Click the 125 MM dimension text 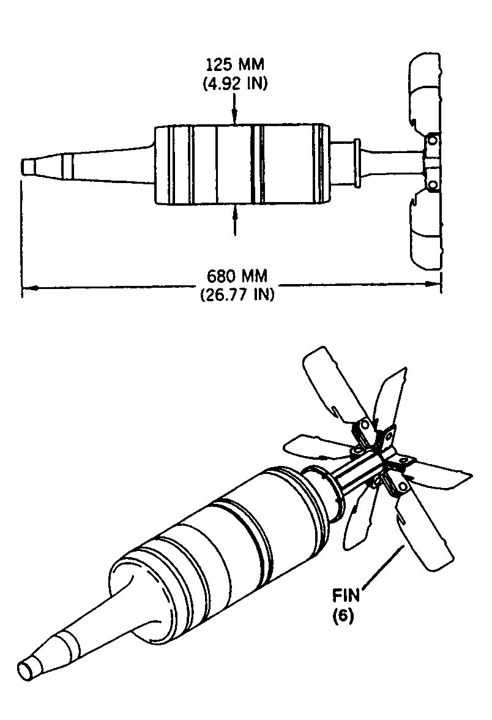coord(235,64)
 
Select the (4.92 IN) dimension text coord(235,83)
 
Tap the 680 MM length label coord(237,276)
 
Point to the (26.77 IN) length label coord(237,293)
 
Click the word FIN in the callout coord(346,596)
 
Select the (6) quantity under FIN coord(343,616)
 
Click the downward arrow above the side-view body coord(235,109)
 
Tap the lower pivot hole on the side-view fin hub coord(432,185)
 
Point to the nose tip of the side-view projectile coord(23,166)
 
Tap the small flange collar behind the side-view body coord(356,163)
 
